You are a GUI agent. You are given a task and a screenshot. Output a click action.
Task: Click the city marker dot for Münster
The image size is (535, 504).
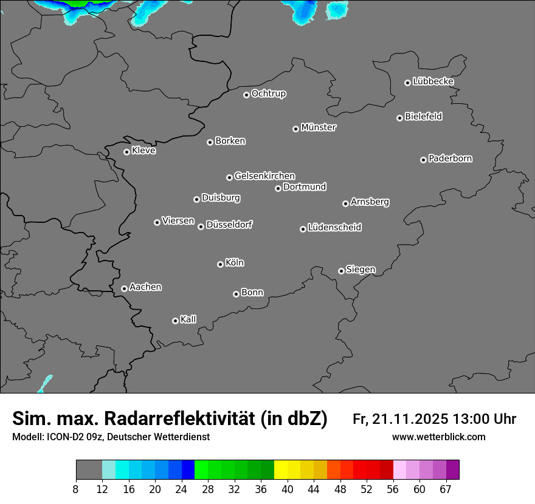295,129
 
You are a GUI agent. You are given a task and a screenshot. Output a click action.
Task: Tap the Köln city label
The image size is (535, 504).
235,263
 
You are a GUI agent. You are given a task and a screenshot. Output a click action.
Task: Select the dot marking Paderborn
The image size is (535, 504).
423,160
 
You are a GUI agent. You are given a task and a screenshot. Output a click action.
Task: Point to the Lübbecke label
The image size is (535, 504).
433,81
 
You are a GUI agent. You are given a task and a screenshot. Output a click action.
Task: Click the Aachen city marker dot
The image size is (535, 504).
124,288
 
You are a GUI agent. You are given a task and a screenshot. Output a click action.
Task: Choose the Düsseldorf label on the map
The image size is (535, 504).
229,225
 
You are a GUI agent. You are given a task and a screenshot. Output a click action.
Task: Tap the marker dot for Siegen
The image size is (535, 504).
341,271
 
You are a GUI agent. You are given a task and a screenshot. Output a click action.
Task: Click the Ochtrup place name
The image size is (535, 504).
269,94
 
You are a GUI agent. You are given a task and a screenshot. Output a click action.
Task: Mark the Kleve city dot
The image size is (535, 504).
126,152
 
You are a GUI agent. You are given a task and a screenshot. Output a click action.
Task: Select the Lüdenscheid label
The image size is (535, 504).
334,228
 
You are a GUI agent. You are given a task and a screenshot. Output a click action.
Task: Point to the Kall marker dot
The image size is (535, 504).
175,321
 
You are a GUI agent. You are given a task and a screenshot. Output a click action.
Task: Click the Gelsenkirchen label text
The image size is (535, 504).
264,176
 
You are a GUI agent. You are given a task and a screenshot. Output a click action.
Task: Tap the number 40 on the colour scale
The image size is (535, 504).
287,489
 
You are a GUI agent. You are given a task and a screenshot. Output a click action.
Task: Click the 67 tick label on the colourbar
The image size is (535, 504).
446,489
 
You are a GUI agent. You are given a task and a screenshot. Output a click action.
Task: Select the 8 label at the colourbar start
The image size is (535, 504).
75,489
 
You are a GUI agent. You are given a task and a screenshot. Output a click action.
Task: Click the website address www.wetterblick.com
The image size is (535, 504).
438,437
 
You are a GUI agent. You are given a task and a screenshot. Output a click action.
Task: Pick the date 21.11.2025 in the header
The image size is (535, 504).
411,419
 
